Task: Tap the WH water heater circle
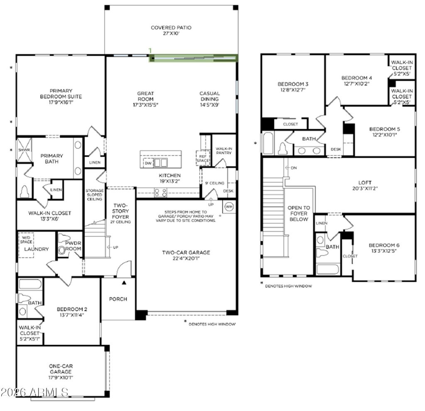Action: click(229, 206)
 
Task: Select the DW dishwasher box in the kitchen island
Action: click(148, 163)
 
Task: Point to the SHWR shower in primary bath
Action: click(22, 150)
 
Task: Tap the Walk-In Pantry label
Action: click(224, 150)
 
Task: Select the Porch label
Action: click(118, 299)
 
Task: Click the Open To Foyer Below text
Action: click(299, 213)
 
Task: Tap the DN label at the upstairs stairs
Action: click(293, 168)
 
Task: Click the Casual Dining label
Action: click(210, 99)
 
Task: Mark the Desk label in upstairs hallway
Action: click(336, 149)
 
